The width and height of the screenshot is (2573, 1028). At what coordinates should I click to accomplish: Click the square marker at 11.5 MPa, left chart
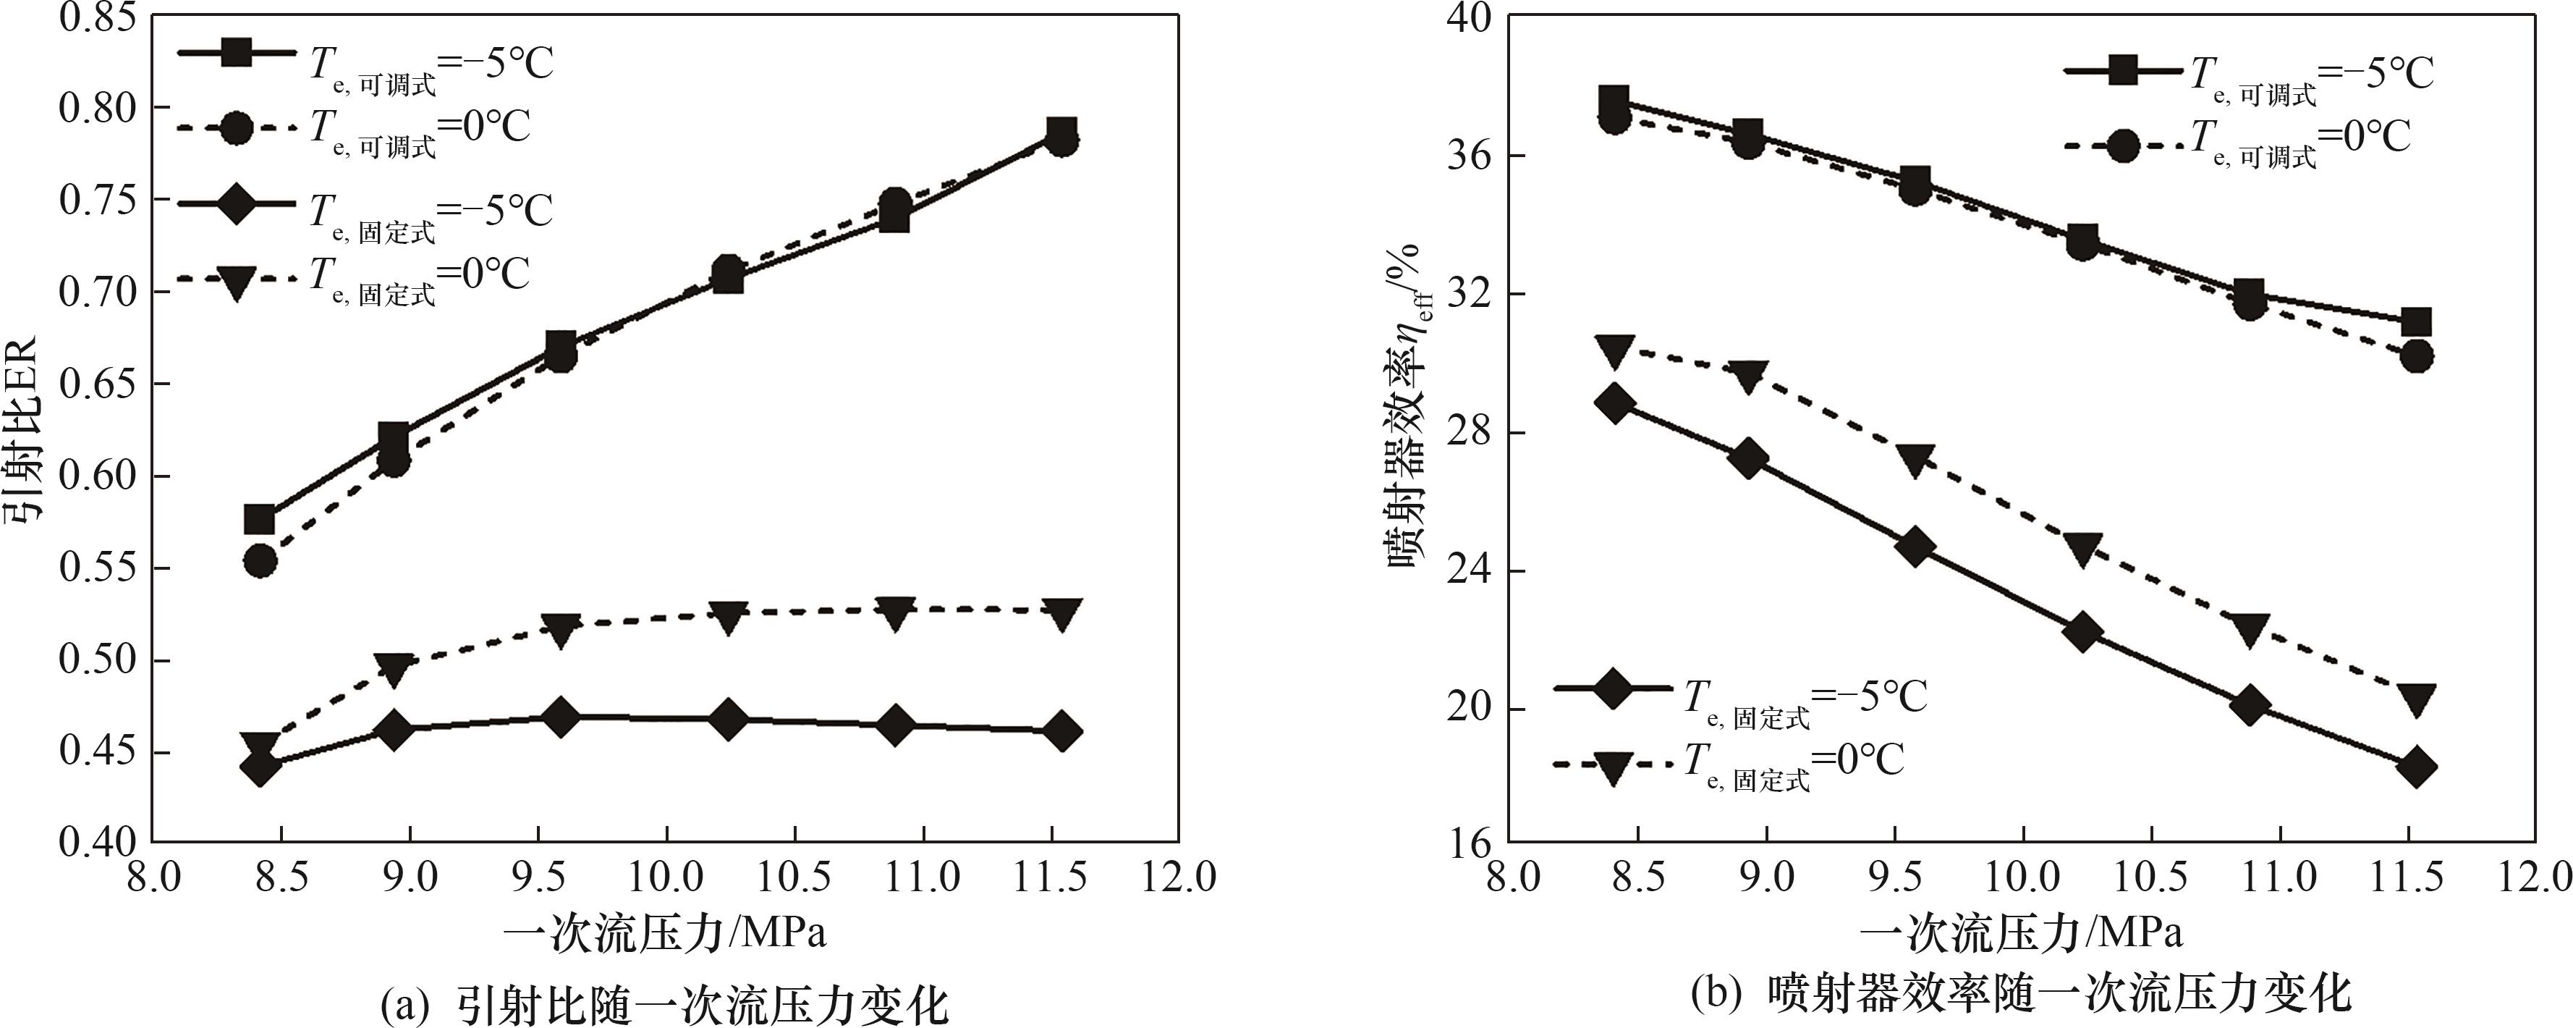[1061, 132]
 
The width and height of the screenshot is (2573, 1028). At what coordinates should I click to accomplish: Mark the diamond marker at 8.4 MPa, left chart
[260, 767]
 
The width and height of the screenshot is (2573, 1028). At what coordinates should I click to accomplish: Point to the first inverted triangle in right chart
[1614, 350]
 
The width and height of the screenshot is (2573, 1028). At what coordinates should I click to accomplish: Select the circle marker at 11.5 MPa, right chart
[2416, 355]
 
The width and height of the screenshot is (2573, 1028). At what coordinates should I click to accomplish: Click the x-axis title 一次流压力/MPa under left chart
[664, 933]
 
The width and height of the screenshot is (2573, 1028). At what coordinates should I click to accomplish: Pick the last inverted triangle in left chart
[1061, 613]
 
